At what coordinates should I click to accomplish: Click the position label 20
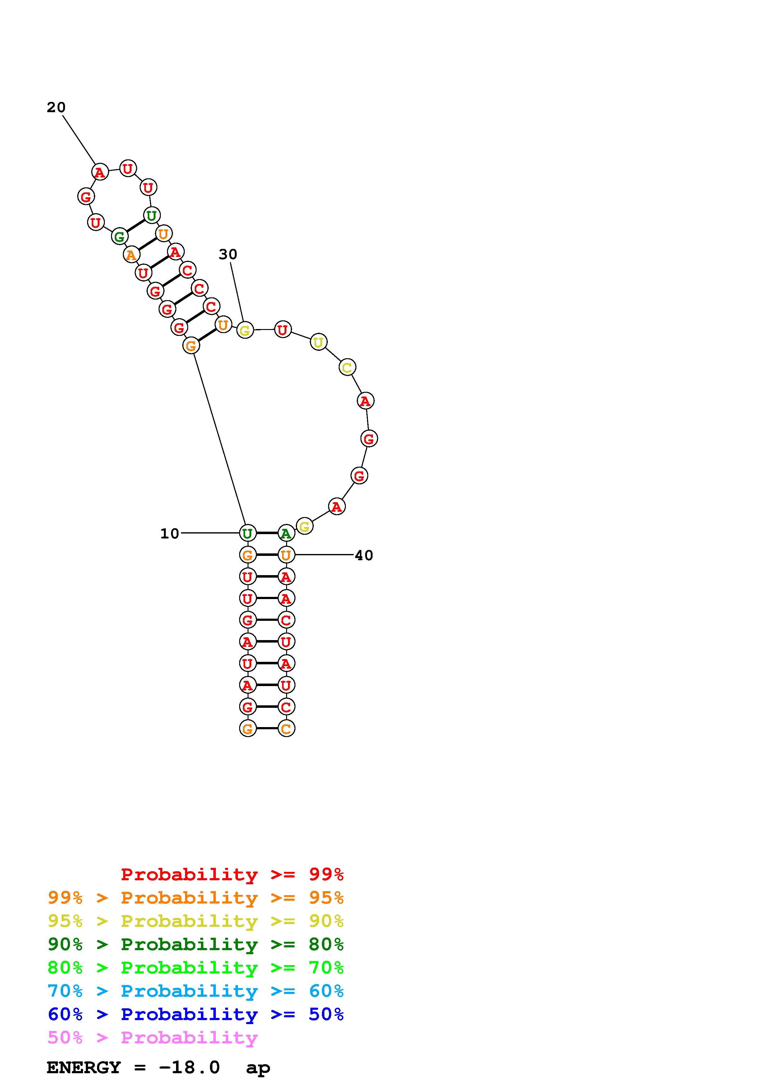click(x=56, y=108)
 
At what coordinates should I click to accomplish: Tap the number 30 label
click(x=228, y=254)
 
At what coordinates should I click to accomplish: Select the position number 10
click(x=170, y=534)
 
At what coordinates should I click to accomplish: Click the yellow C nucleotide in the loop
click(x=347, y=368)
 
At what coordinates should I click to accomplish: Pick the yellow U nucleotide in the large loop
click(x=318, y=342)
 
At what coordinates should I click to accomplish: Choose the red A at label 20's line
click(x=100, y=172)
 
